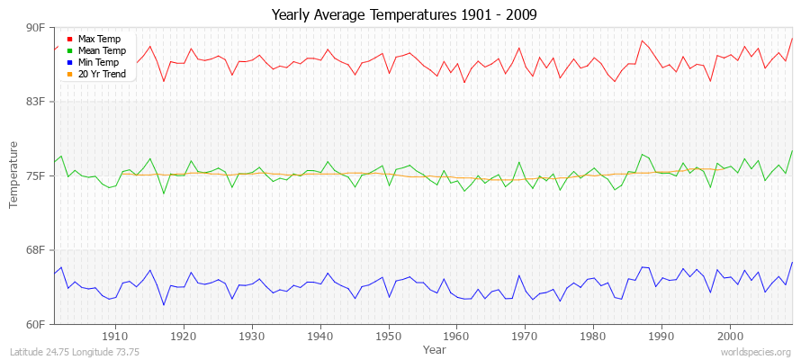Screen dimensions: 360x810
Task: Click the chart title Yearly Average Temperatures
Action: coord(405,15)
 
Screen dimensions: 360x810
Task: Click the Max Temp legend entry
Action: coord(98,40)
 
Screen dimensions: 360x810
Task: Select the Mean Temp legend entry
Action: coord(101,51)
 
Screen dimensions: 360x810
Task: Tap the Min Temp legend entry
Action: coord(98,62)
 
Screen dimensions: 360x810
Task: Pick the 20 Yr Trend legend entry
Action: coord(102,74)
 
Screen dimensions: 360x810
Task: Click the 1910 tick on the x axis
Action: coord(115,336)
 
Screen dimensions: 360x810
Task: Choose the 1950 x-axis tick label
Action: coord(388,336)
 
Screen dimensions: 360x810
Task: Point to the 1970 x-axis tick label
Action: coord(525,336)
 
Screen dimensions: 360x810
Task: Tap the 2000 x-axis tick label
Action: coord(729,336)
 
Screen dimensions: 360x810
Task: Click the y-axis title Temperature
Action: coord(14,175)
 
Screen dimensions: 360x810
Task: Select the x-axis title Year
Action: coord(434,348)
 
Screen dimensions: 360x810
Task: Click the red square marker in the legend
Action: coord(69,40)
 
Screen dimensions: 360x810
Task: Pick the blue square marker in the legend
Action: coord(69,63)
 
